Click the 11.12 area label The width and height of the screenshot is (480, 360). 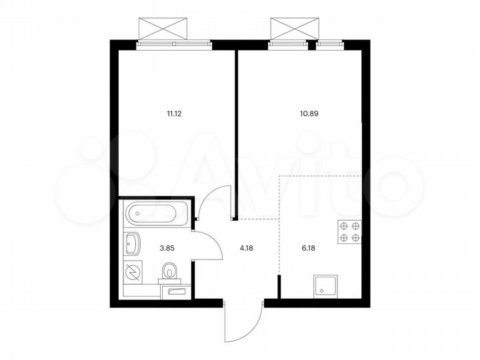(175, 113)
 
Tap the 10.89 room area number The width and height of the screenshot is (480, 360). (309, 113)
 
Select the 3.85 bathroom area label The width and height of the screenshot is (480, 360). (167, 248)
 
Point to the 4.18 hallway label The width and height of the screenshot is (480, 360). (247, 248)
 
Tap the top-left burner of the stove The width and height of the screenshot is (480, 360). (344, 225)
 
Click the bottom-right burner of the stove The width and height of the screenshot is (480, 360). (355, 237)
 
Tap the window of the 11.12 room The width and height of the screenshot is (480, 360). (175, 44)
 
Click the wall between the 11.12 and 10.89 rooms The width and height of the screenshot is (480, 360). (236, 133)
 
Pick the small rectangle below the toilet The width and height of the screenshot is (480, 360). (176, 291)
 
